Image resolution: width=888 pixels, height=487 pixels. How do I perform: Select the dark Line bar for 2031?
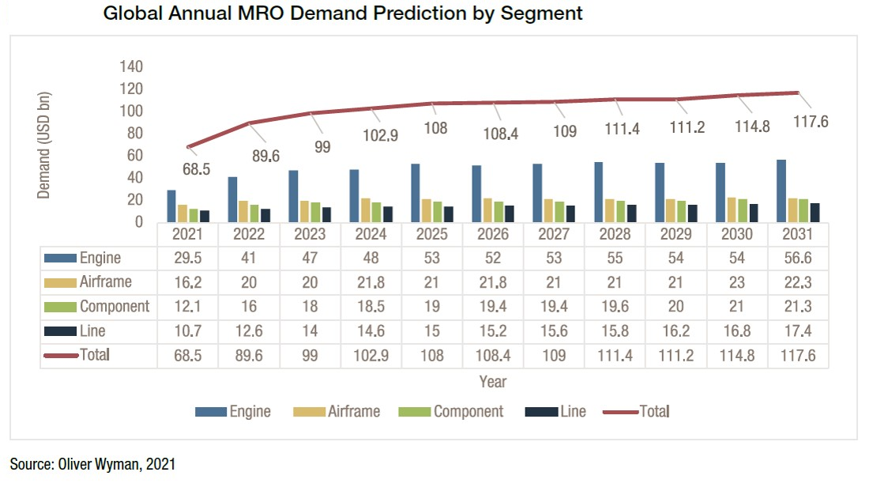click(x=814, y=213)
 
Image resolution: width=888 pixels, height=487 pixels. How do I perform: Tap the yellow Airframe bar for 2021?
click(x=182, y=213)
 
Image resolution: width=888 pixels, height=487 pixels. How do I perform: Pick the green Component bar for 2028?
click(x=620, y=211)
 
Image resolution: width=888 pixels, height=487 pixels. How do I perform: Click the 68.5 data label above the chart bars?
click(x=196, y=169)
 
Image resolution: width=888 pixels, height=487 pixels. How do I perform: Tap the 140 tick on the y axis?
click(x=131, y=66)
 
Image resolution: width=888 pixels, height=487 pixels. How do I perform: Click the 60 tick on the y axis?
click(x=134, y=155)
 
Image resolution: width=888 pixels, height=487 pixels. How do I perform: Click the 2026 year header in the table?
click(x=493, y=235)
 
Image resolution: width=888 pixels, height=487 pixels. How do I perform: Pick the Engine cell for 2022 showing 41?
click(x=250, y=258)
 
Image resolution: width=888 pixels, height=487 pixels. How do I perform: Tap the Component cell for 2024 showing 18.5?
click(x=371, y=307)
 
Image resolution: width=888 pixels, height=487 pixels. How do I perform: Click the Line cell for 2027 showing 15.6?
click(x=554, y=331)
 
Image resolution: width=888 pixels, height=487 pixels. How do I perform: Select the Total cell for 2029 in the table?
click(x=676, y=356)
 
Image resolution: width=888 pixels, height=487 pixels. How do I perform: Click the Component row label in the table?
click(x=114, y=307)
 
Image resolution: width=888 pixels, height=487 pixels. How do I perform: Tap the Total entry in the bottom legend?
click(x=653, y=411)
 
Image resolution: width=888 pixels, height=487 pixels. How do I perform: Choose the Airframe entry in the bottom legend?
click(x=353, y=411)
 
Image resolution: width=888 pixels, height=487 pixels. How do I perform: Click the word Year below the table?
click(x=493, y=382)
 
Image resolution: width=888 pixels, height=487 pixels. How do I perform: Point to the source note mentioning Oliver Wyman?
click(x=92, y=464)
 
